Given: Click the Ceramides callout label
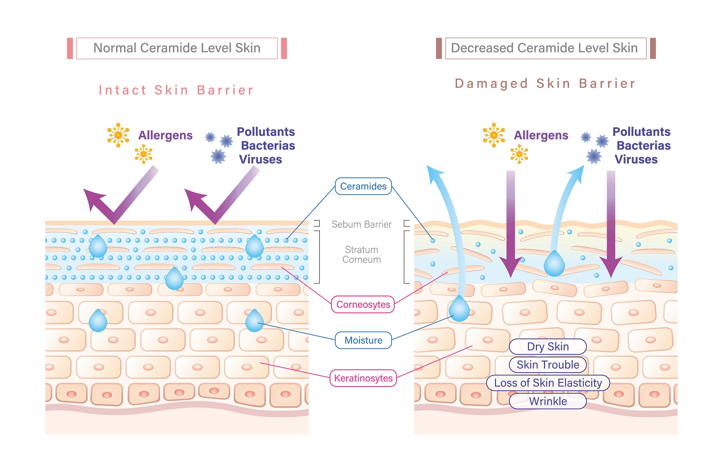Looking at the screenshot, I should coord(363,186).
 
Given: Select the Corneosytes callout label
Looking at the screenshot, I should coord(363,304).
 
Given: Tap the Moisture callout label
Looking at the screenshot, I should coord(363,340).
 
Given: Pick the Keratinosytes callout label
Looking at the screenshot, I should coord(363,378).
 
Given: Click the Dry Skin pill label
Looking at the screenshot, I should coord(548,346).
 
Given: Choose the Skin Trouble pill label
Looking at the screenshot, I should coord(548,365).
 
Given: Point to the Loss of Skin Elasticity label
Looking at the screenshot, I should coord(548,383).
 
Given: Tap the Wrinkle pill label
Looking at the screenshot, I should coord(548,401).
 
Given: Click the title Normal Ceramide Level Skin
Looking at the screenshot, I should coord(177,48).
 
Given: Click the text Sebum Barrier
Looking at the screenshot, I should coord(362,225).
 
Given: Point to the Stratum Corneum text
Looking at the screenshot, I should coord(362,255).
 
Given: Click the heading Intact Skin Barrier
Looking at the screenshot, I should coord(176,90).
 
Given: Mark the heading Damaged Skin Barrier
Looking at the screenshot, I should coord(545,84).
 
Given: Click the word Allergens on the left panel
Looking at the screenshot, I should coord(165,135).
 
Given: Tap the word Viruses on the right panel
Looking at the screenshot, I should coord(636,159).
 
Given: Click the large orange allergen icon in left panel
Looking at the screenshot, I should coord(118,135).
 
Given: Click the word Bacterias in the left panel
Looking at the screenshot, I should coord(268,146).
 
